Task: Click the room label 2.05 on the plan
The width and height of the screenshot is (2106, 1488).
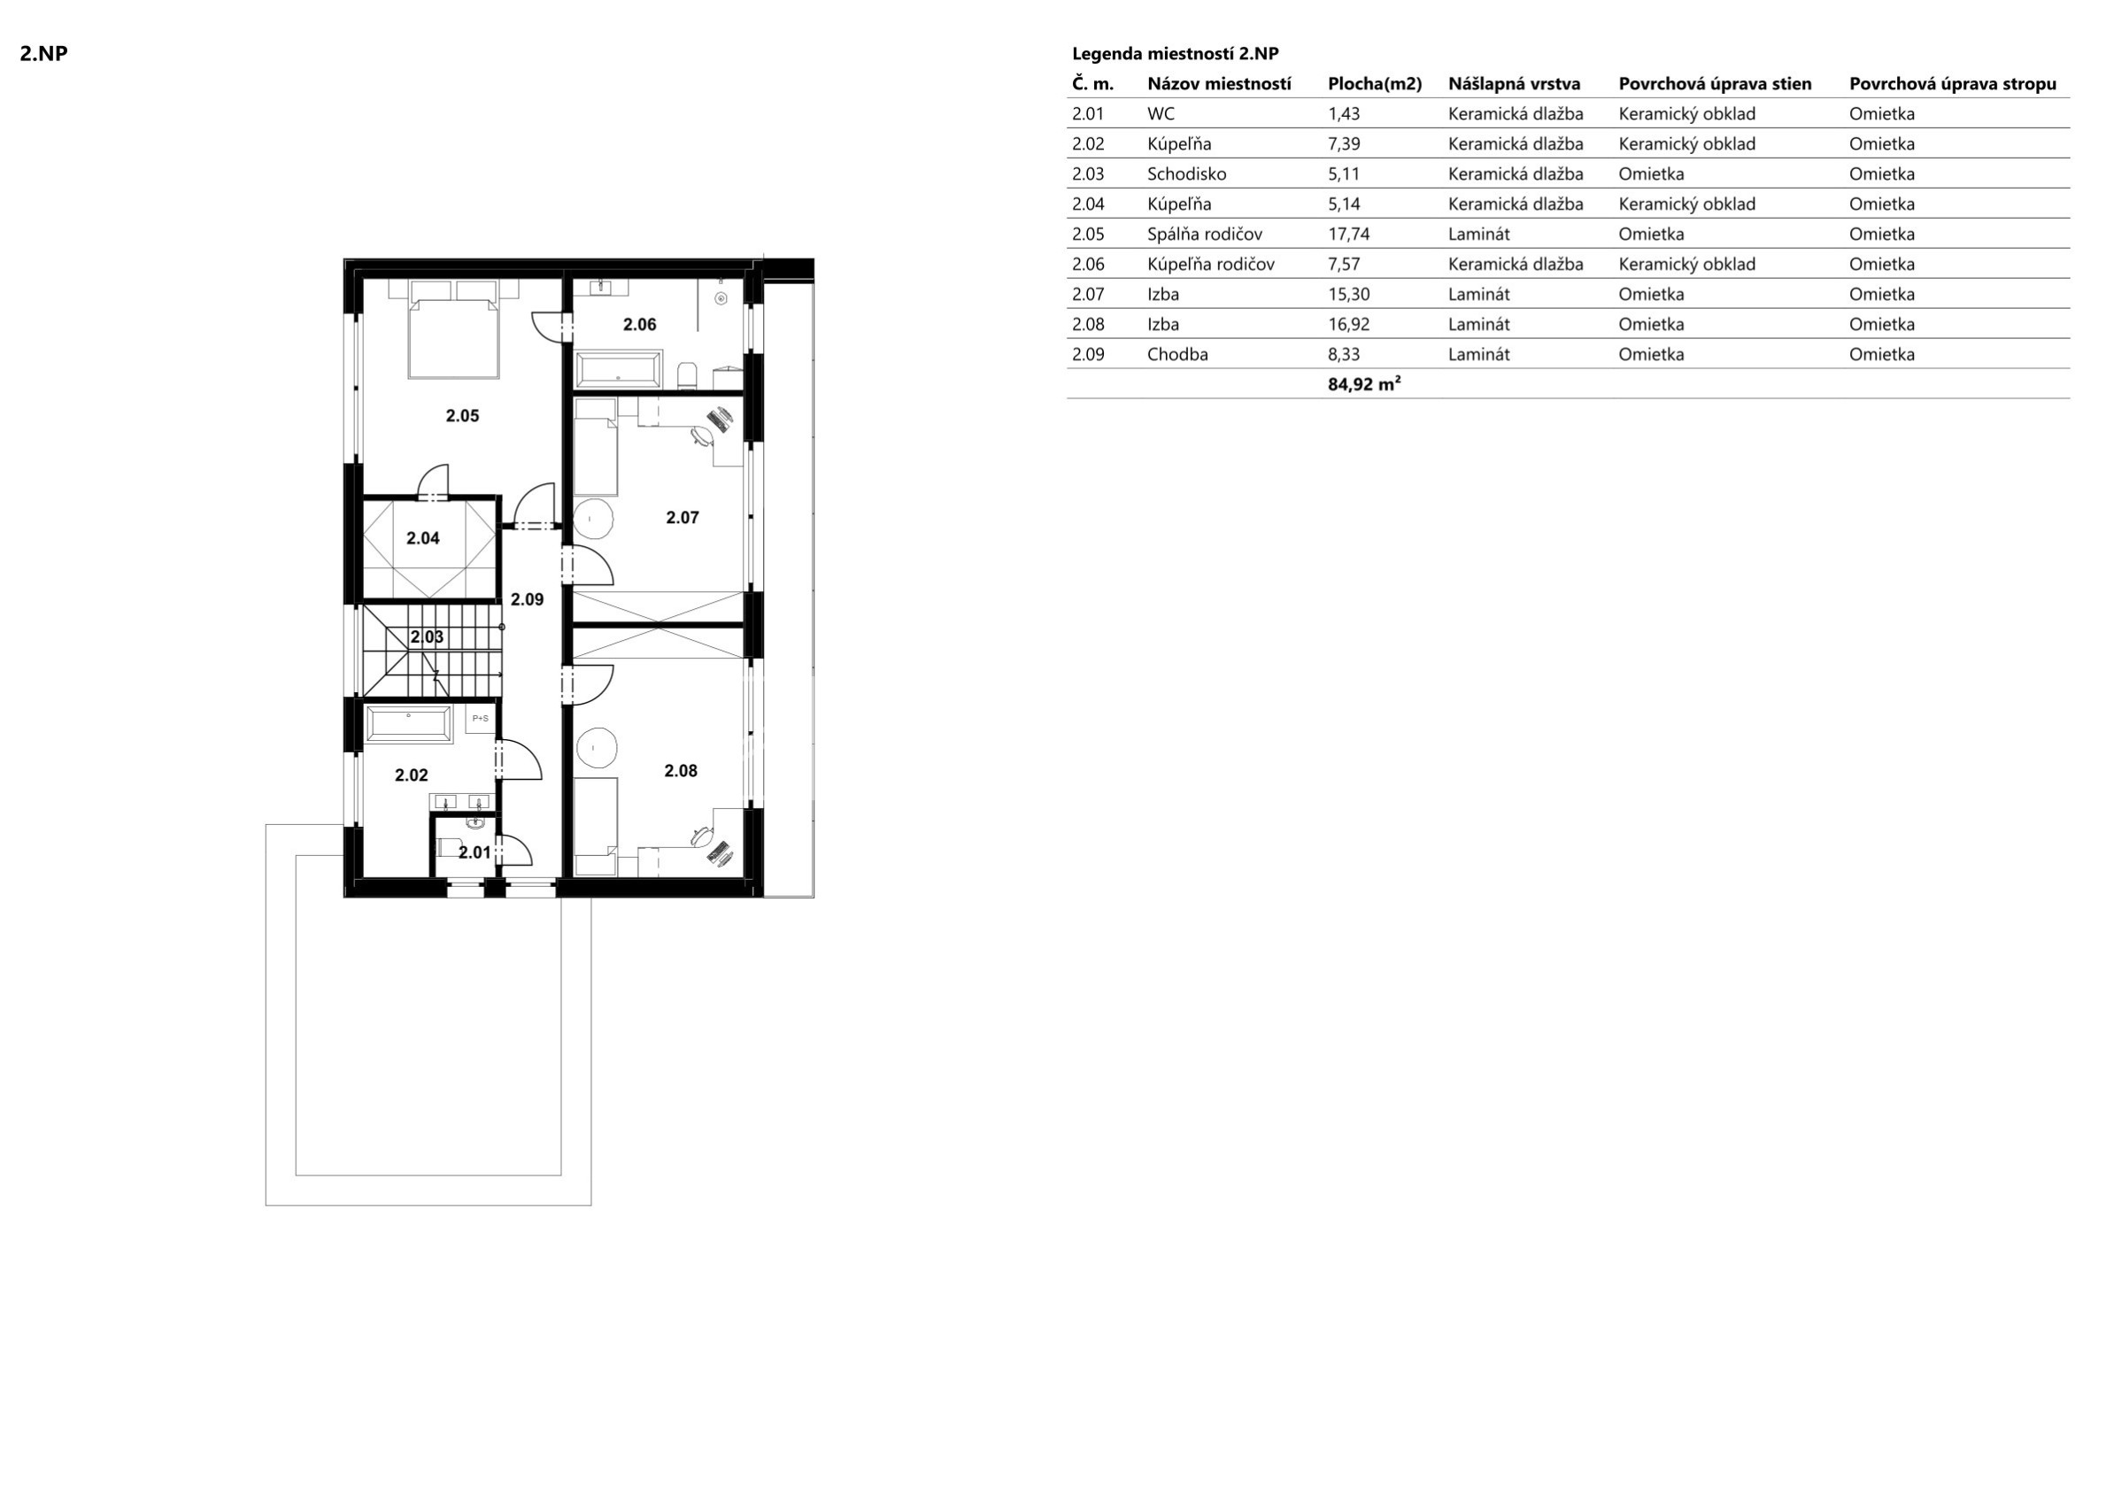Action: pos(462,415)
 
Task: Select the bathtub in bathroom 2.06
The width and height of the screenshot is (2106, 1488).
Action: pos(617,371)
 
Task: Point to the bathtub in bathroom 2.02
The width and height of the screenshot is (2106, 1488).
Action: pos(409,724)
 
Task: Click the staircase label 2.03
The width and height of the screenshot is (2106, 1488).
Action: pos(427,636)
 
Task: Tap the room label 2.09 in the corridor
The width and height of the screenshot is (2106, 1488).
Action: pos(528,600)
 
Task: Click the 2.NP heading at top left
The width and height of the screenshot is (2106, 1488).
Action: pos(44,53)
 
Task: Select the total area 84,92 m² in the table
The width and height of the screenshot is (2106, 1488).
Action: pos(1364,384)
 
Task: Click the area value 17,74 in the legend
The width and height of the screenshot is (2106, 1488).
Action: pos(1348,234)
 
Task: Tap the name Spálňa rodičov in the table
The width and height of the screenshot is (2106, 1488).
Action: pos(1204,234)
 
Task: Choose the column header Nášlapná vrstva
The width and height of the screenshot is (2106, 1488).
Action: pos(1515,84)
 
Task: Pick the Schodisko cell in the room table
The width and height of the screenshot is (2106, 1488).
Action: pos(1186,174)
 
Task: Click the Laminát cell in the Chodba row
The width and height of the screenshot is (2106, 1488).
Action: pos(1478,354)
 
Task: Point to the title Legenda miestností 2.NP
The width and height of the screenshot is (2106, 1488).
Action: pos(1175,53)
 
